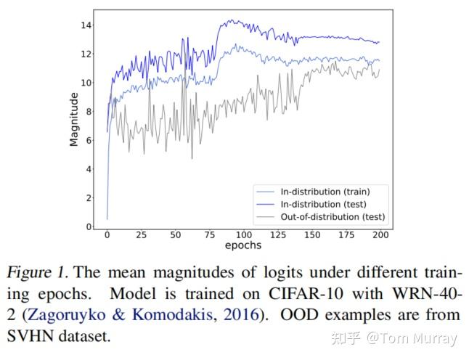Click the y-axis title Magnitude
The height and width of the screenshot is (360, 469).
click(74, 119)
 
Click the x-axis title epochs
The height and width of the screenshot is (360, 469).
click(244, 246)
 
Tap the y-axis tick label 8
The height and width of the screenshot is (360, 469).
click(89, 112)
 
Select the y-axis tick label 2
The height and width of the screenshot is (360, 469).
click(89, 198)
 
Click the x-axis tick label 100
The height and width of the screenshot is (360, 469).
click(244, 235)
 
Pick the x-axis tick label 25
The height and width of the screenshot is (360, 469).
click(141, 235)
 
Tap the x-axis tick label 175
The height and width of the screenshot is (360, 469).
click(347, 235)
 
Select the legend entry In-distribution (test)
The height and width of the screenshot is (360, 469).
click(320, 204)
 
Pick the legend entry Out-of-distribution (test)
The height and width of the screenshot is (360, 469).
click(327, 216)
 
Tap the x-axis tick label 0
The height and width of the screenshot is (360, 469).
click(107, 235)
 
